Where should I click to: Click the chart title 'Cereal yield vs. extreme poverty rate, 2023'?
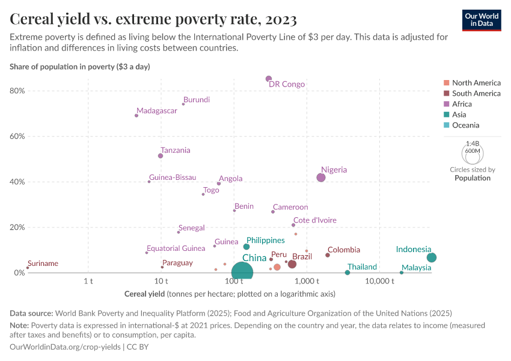(x=153, y=20)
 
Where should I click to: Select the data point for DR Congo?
(x=269, y=79)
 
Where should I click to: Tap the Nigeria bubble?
(x=321, y=177)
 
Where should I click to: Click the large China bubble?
(x=242, y=273)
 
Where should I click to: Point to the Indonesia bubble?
(x=432, y=258)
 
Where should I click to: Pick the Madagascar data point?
(x=136, y=116)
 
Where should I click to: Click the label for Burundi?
(x=197, y=100)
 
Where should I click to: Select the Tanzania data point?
(x=161, y=156)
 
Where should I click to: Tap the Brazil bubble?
(x=292, y=264)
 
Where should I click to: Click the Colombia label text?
(x=344, y=250)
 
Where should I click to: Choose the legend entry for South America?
(x=476, y=93)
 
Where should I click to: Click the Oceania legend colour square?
(x=445, y=125)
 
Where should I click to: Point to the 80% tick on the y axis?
(x=17, y=91)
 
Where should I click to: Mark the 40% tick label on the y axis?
(x=17, y=182)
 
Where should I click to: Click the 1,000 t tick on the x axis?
(x=307, y=282)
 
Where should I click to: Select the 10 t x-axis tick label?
(x=161, y=282)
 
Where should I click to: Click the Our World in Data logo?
(x=482, y=20)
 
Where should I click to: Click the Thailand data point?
(x=347, y=273)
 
